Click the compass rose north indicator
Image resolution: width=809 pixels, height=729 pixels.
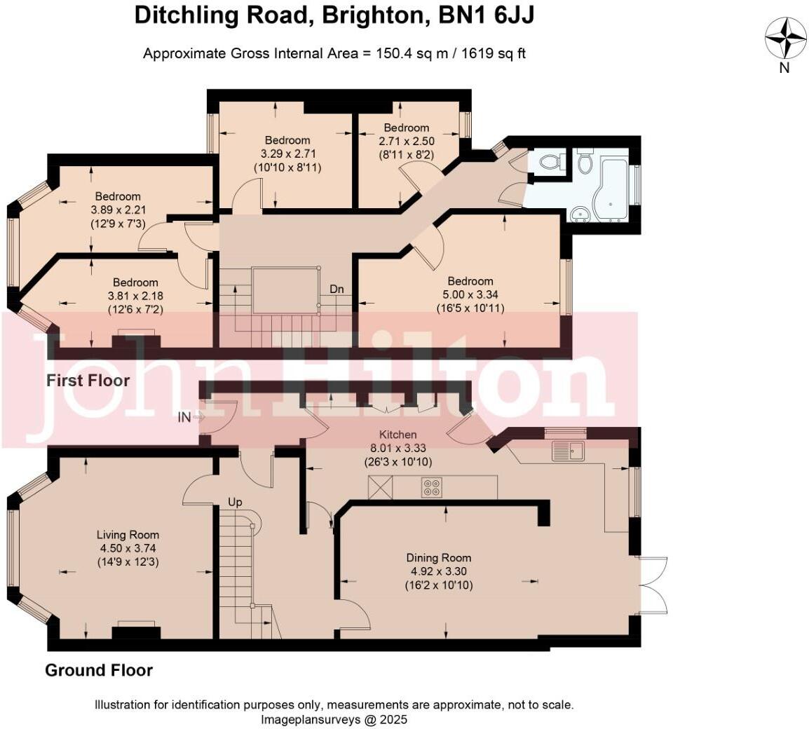click(x=785, y=39)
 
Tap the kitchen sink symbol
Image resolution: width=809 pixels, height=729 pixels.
click(x=568, y=451)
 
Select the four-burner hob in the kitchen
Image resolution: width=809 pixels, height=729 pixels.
click(x=432, y=487)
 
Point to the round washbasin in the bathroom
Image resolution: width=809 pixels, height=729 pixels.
click(x=580, y=214)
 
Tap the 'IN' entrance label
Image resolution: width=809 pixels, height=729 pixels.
click(x=184, y=418)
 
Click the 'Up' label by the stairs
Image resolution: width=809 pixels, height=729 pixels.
click(x=236, y=503)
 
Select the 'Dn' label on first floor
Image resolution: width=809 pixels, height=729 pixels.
click(x=336, y=289)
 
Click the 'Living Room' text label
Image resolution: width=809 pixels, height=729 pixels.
click(x=128, y=535)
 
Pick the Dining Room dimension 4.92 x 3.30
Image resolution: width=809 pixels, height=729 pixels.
click(x=439, y=571)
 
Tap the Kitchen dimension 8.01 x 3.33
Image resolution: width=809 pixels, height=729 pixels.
click(x=397, y=448)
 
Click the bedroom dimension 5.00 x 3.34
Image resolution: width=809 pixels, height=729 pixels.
click(x=470, y=295)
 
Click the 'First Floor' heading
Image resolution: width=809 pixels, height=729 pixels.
click(x=88, y=381)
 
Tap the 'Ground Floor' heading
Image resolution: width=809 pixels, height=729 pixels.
click(x=99, y=670)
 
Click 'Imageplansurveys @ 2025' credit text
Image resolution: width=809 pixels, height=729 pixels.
click(x=334, y=719)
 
